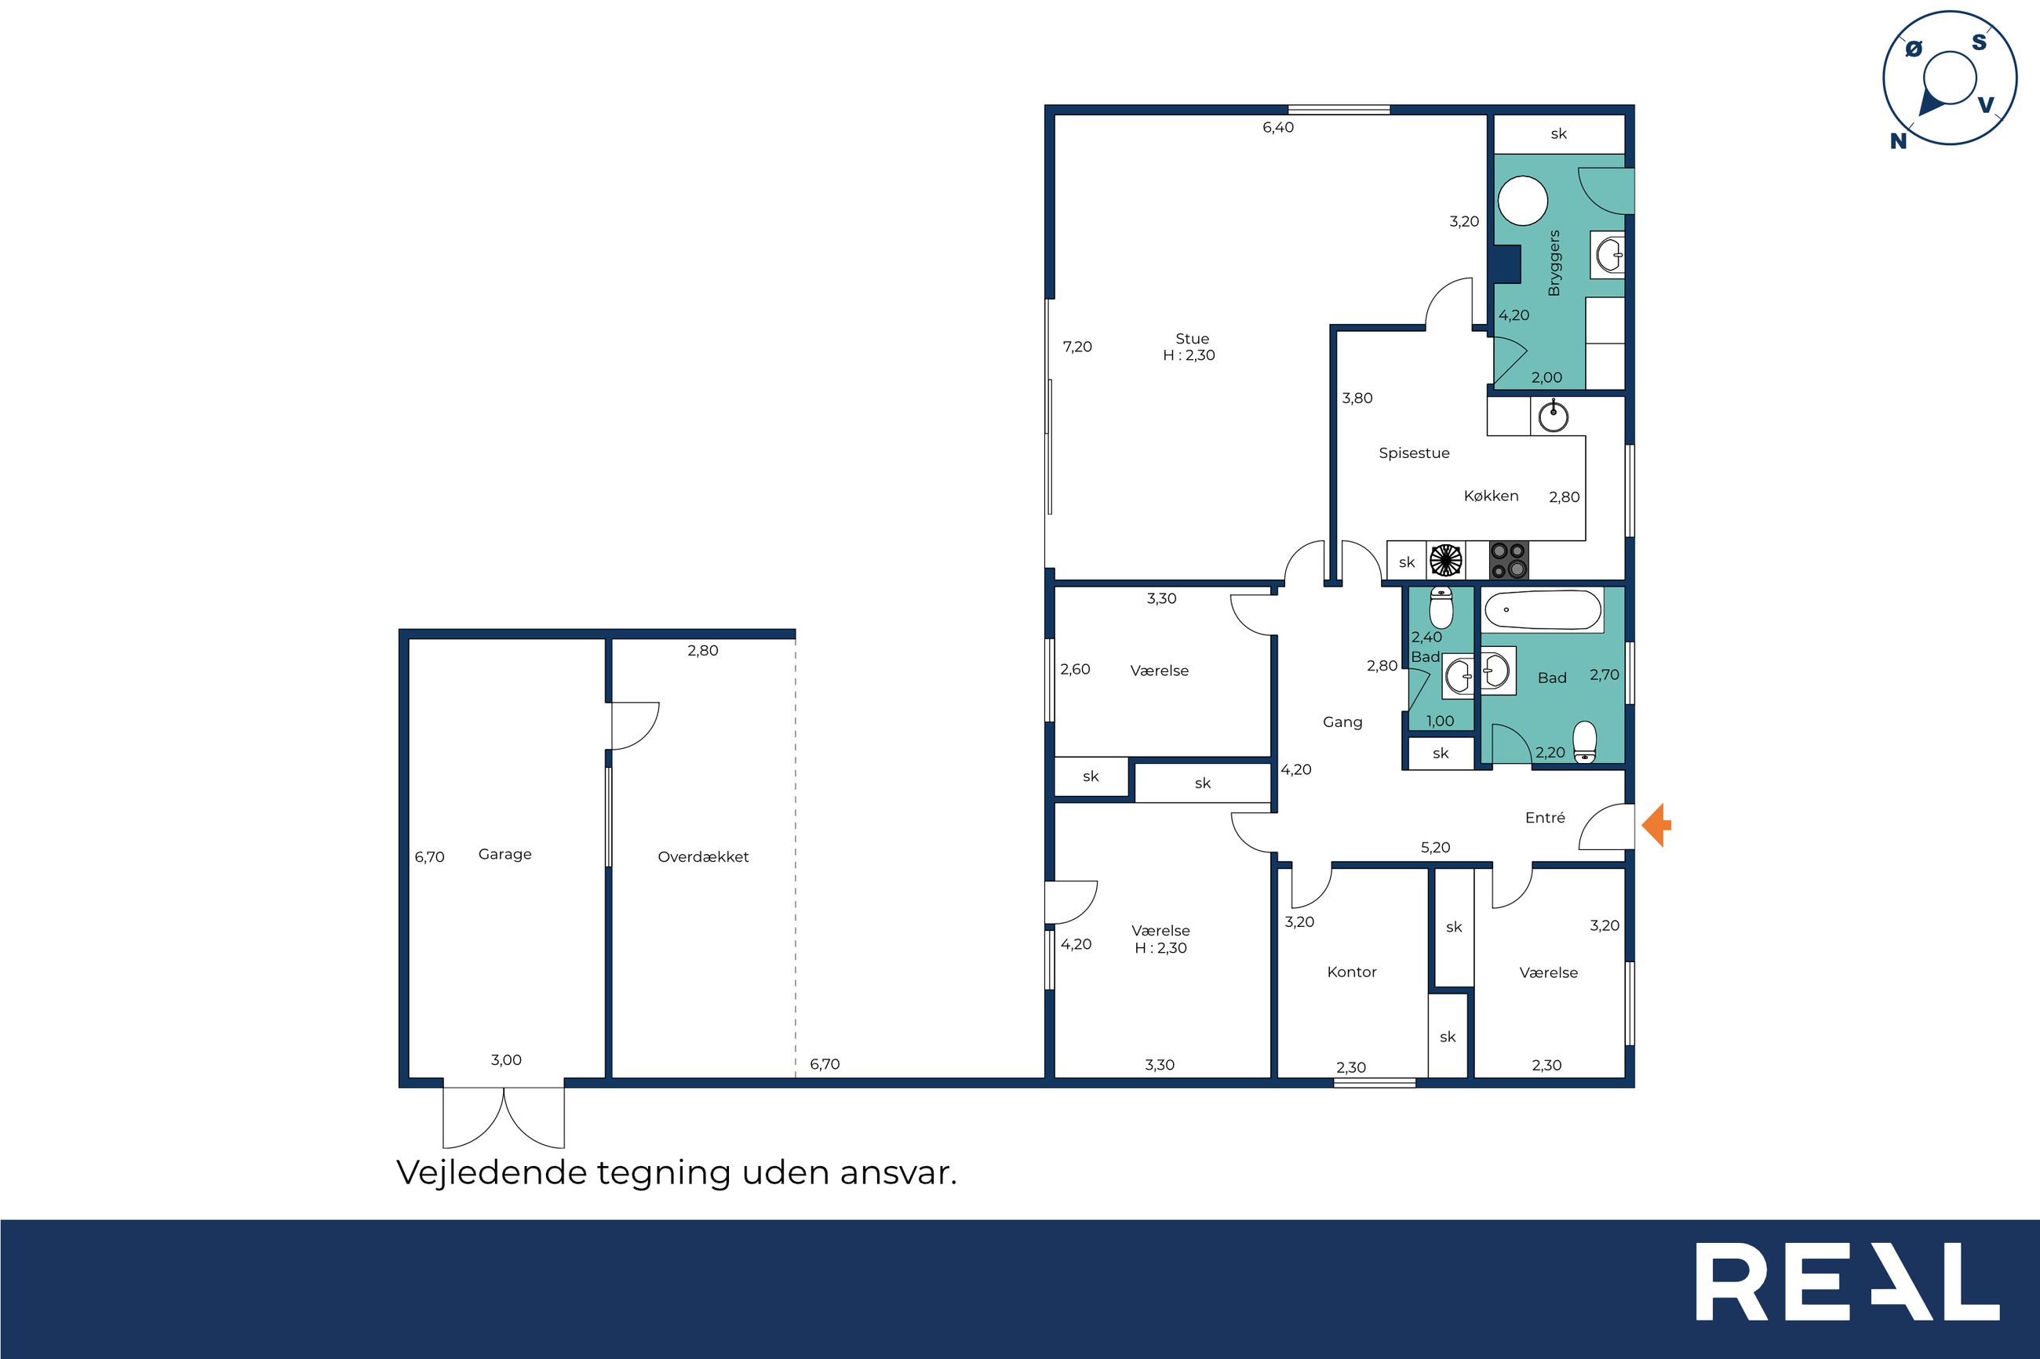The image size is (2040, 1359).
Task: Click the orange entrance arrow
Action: [1656, 825]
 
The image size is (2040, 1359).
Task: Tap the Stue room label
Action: [1192, 339]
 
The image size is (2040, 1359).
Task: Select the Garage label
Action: [505, 854]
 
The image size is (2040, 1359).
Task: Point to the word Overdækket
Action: [703, 856]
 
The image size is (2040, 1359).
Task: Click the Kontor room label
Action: [1352, 972]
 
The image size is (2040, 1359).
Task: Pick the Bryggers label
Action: [1554, 263]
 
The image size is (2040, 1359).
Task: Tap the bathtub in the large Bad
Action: [1543, 610]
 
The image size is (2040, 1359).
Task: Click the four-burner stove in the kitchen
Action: [1509, 560]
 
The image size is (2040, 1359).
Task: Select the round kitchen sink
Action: [1553, 416]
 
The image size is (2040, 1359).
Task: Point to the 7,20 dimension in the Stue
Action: [1077, 347]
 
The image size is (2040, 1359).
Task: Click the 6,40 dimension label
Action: [1278, 127]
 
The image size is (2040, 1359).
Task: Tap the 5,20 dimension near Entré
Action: [1435, 848]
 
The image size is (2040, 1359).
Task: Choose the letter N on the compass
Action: [1898, 141]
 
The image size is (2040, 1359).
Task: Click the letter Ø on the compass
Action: [1914, 49]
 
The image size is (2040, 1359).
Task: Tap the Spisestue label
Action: [1414, 452]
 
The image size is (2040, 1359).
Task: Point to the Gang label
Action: [1342, 722]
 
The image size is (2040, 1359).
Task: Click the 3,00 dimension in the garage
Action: [506, 1060]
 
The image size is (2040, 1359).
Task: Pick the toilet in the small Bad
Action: [1441, 608]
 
